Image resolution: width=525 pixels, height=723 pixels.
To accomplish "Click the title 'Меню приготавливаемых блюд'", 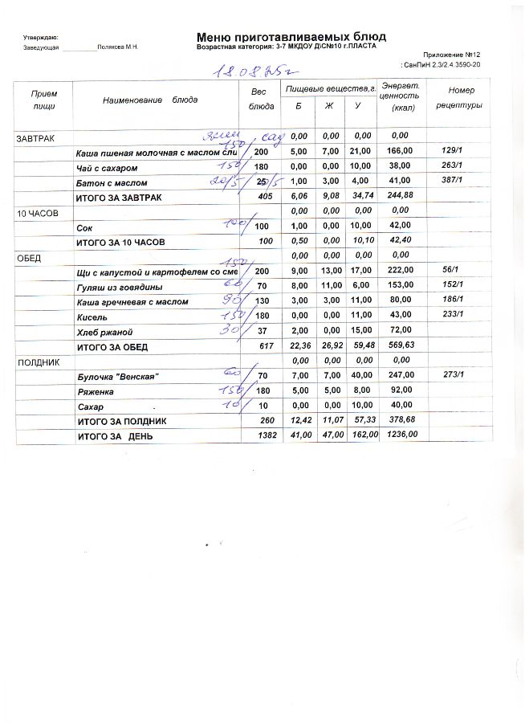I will click(291, 36).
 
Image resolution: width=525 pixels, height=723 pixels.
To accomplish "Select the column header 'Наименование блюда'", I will click(150, 100).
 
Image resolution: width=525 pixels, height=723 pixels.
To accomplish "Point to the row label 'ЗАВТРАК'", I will click(36, 139).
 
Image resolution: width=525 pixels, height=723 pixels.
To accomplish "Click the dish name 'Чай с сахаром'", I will click(107, 168).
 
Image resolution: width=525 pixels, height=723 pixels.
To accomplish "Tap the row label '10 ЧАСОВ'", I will click(38, 213).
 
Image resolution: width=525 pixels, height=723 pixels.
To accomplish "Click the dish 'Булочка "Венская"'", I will click(117, 376).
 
